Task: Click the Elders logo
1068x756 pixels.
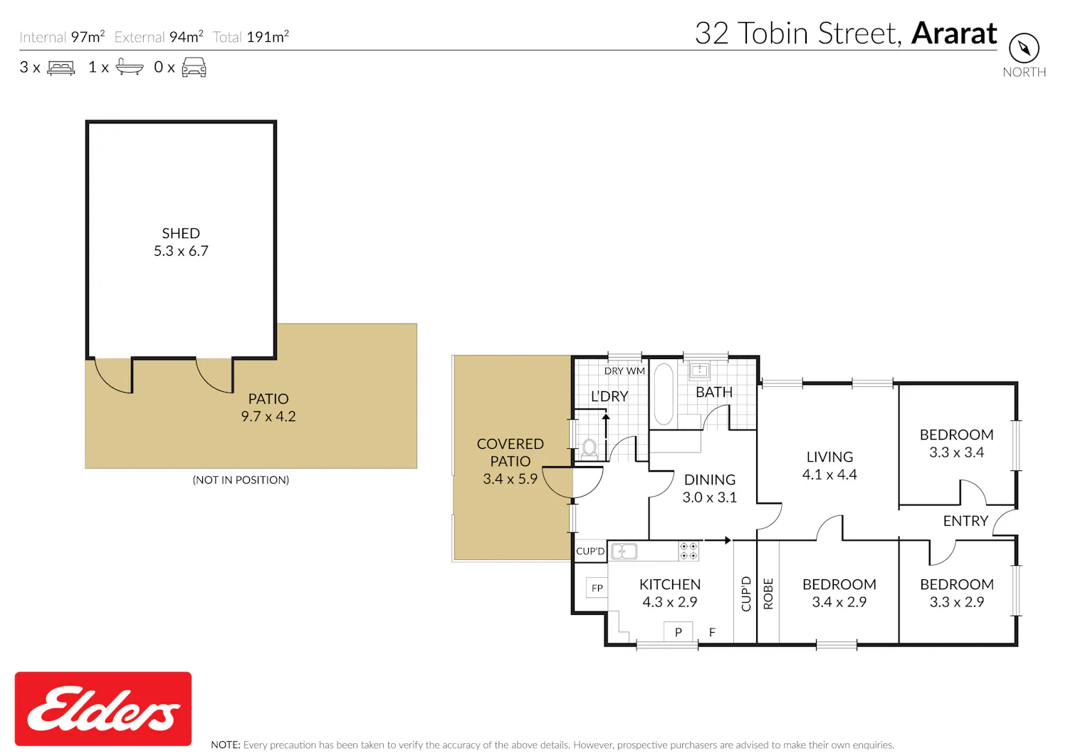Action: pos(103,708)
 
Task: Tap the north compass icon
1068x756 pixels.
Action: pos(1024,48)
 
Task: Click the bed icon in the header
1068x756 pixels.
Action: pos(61,68)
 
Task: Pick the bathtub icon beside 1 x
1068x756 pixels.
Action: pos(130,67)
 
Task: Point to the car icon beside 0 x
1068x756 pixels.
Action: pos(194,67)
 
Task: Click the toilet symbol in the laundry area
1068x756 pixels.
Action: pos(590,448)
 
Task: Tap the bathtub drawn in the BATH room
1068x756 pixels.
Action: pos(663,394)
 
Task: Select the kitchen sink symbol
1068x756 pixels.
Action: pos(624,552)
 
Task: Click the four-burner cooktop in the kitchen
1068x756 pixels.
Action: pos(689,551)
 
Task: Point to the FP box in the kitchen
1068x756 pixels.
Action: pos(597,588)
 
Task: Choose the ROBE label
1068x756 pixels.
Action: pos(768,594)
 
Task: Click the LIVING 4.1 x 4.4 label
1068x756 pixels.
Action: pos(829,466)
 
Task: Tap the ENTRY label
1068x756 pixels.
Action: pos(965,521)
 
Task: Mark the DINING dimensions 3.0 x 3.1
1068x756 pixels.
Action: pos(709,497)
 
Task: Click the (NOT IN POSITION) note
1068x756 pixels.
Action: pos(241,480)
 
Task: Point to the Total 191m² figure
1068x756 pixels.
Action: pos(251,37)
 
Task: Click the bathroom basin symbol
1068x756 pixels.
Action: pos(699,371)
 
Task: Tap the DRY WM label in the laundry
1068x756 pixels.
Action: pos(624,371)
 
